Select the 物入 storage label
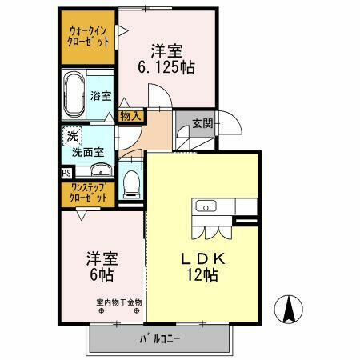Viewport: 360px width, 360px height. pos(130,116)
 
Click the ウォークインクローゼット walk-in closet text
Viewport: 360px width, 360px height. pos(89,37)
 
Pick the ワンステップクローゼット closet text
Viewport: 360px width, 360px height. pos(89,192)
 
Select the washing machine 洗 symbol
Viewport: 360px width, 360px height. pos(72,135)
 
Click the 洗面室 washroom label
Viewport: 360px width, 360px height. pos(89,150)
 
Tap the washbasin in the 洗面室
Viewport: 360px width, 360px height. pos(100,170)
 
